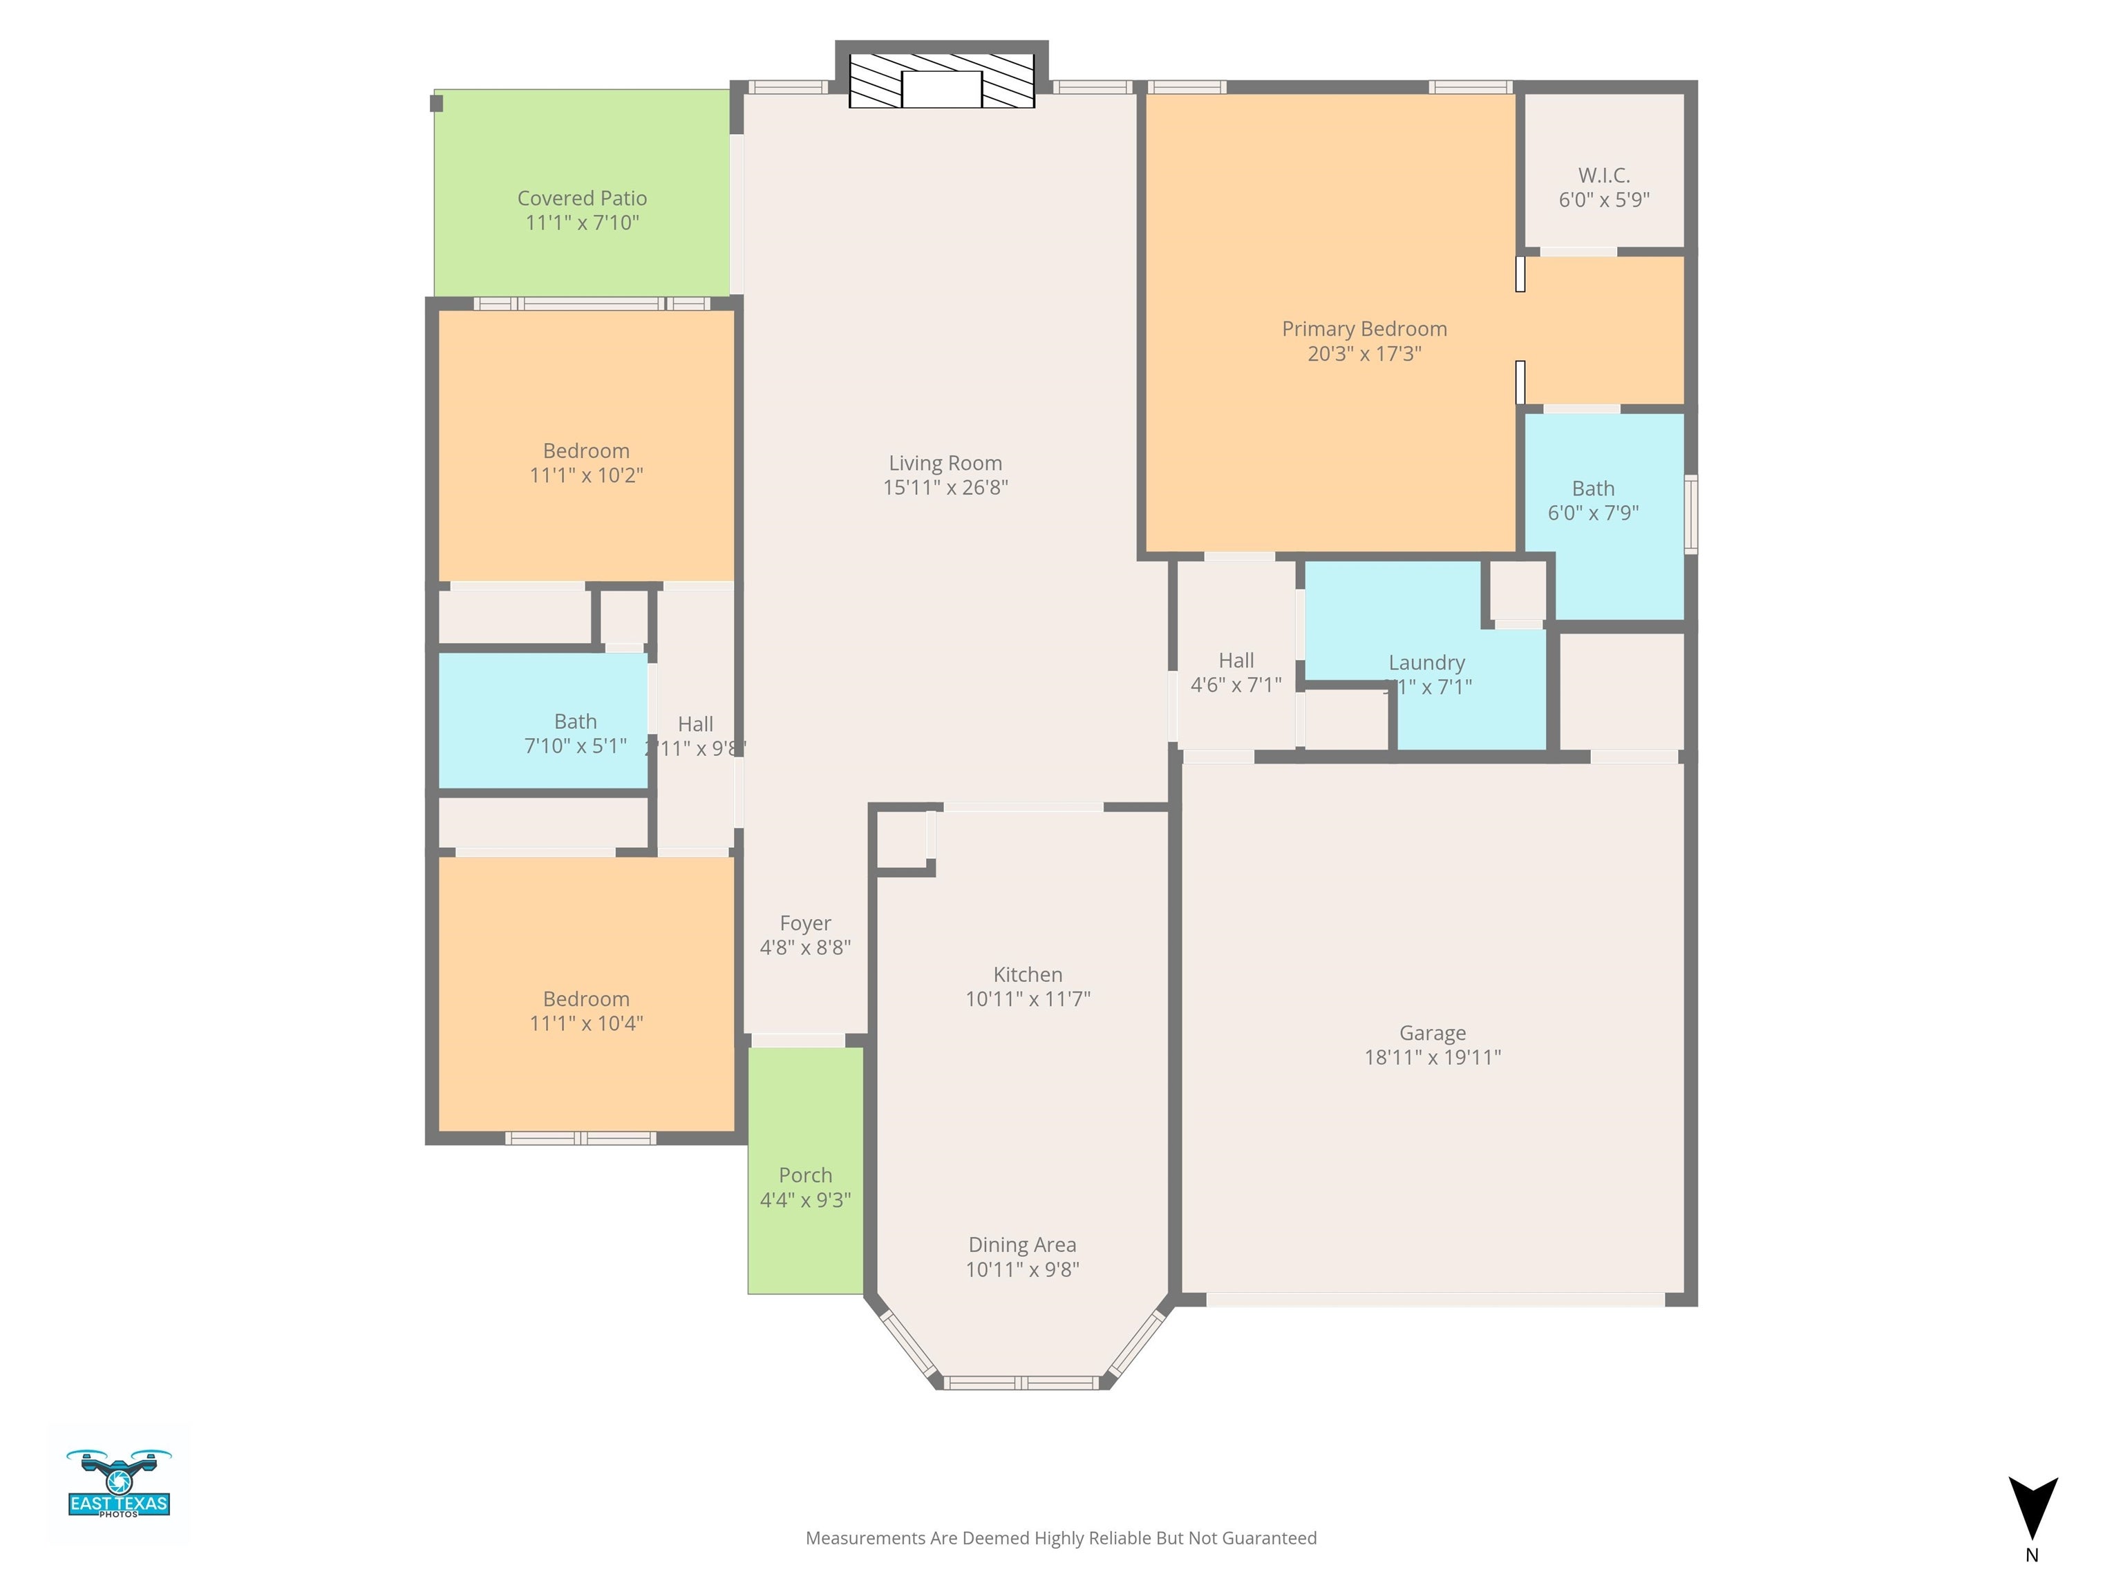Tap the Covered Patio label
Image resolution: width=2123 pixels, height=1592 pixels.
coord(582,198)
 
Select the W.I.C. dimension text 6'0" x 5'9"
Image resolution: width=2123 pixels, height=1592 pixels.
coord(1604,200)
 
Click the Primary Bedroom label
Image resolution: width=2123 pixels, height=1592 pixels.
coord(1364,329)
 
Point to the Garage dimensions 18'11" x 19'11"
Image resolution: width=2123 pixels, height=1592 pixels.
coord(1432,1057)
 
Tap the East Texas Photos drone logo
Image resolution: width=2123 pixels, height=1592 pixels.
coord(119,1484)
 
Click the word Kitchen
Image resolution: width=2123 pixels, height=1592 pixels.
coord(1027,975)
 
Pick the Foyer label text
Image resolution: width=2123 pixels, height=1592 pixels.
coord(805,923)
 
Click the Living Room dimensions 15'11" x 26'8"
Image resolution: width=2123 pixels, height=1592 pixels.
coord(945,488)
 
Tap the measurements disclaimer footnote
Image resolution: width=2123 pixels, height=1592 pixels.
coord(1061,1538)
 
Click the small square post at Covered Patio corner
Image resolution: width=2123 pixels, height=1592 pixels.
coord(436,103)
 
